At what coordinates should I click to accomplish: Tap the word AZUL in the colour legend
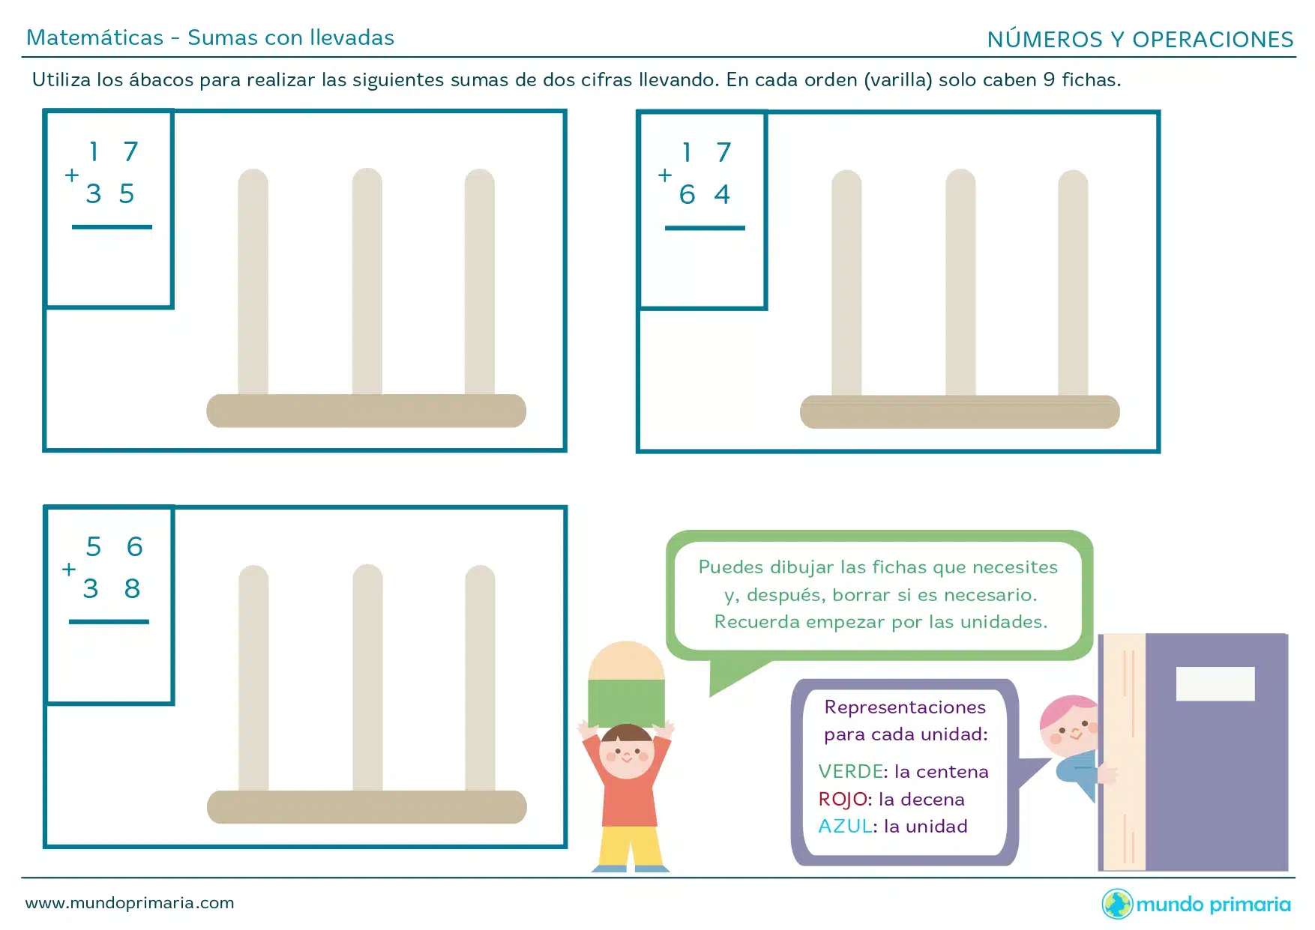[845, 826]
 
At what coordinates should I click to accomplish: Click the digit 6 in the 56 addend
[134, 546]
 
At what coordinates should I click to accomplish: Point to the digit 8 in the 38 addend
[132, 588]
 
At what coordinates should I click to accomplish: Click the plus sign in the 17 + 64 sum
[664, 175]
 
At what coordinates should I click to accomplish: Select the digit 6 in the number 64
[687, 195]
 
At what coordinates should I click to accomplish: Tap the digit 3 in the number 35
[93, 193]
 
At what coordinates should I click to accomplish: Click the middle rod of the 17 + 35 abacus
[367, 282]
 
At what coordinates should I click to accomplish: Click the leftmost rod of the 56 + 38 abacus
[253, 678]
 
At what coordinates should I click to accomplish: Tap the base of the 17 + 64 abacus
[960, 412]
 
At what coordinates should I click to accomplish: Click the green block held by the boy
[626, 703]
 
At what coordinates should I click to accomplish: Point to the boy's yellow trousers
[630, 847]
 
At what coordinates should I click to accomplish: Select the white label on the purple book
[1215, 683]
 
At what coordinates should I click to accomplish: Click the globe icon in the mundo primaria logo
[1117, 904]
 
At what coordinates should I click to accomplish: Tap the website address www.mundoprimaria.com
[130, 902]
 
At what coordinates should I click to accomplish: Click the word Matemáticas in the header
[95, 37]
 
